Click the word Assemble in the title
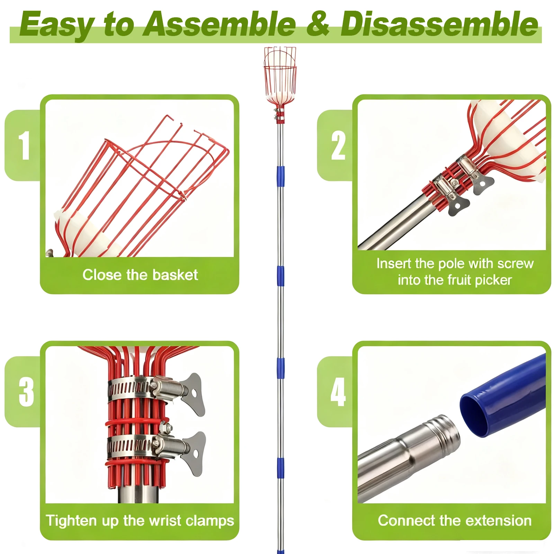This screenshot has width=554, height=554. pyautogui.click(x=220, y=24)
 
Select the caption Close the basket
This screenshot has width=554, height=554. pyautogui.click(x=140, y=275)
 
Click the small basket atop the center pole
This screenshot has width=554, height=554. pyautogui.click(x=280, y=76)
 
